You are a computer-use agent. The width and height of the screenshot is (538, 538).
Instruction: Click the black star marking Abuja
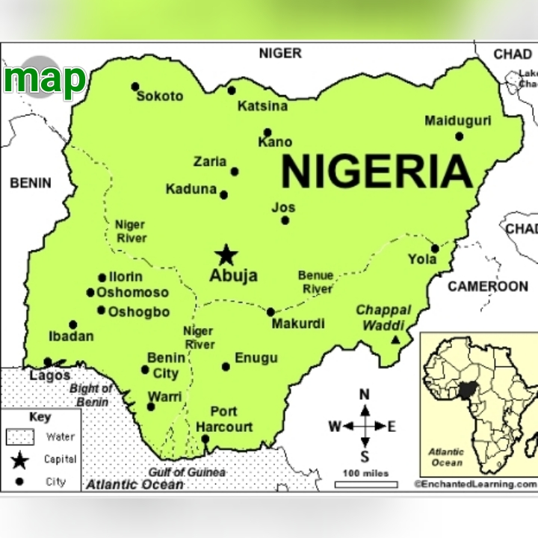(226, 256)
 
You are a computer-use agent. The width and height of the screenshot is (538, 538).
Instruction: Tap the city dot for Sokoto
(135, 87)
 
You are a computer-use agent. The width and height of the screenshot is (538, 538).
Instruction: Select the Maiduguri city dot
(459, 136)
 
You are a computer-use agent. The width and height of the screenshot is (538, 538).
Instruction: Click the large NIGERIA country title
(377, 172)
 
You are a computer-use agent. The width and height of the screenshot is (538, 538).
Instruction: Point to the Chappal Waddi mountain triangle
(396, 340)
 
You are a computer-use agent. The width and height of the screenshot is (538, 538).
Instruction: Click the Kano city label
(275, 142)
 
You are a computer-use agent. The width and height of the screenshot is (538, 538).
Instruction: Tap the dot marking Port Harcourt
(205, 439)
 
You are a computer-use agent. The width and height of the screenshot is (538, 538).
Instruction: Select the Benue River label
(315, 282)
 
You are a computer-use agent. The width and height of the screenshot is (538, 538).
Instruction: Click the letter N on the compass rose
(365, 395)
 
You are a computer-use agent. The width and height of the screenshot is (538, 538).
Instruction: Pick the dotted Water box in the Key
(20, 436)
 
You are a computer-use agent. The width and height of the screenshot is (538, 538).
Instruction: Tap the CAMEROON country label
(487, 286)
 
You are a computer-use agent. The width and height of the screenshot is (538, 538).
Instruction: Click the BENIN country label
(31, 183)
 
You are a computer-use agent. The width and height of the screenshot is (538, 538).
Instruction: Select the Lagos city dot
(48, 362)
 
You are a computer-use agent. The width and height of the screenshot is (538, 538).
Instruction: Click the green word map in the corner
(45, 78)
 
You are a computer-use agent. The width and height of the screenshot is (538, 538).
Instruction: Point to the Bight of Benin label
(92, 395)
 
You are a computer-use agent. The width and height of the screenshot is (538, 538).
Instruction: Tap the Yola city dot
(435, 249)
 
